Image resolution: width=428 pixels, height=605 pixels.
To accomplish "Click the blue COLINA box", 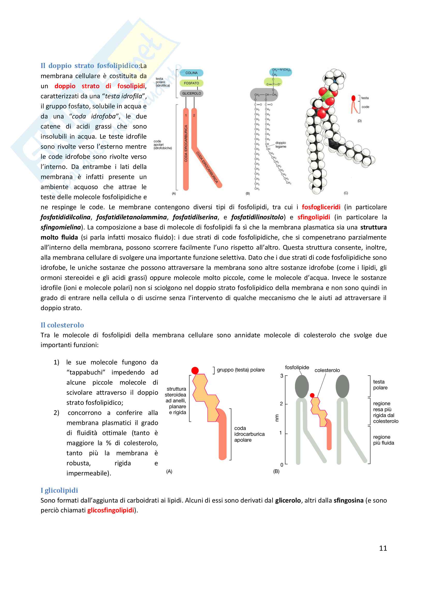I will tap(191, 73).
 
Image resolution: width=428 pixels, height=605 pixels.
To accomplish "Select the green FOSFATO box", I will tap(191, 83).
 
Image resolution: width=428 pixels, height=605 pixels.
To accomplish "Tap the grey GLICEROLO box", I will tap(191, 93).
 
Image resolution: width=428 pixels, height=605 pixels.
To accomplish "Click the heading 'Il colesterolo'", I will tap(62, 325).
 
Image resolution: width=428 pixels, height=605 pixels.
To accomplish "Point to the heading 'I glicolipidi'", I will tap(59, 490).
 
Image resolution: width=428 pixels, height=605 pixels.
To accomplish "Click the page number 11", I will tap(383, 548).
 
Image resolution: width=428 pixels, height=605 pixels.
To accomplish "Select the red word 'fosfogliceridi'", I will tap(321, 207).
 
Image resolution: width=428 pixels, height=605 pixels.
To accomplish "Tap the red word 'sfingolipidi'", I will tap(314, 217).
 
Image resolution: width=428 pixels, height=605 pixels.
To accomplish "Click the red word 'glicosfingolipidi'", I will tap(111, 510).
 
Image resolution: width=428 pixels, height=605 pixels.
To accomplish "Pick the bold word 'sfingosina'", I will tap(348, 500).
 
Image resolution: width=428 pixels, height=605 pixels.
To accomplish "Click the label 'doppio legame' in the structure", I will tap(281, 145).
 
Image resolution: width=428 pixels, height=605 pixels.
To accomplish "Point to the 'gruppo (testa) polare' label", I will tap(241, 370).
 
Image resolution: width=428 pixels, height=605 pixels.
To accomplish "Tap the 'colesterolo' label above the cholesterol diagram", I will tap(327, 370).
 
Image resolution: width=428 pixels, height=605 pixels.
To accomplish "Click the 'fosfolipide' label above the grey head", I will tap(297, 367).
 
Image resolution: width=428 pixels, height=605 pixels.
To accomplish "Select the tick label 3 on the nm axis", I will tap(282, 376).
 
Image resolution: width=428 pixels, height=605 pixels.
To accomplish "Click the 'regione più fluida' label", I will tap(383, 440).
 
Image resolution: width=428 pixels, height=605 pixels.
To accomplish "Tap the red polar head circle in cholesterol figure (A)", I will tap(195, 370).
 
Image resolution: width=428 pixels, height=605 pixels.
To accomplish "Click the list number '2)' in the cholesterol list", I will tap(56, 413).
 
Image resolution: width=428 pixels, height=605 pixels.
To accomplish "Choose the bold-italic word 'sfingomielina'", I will tap(61, 227).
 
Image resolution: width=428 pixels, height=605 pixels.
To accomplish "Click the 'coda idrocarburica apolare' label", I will tap(249, 434).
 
